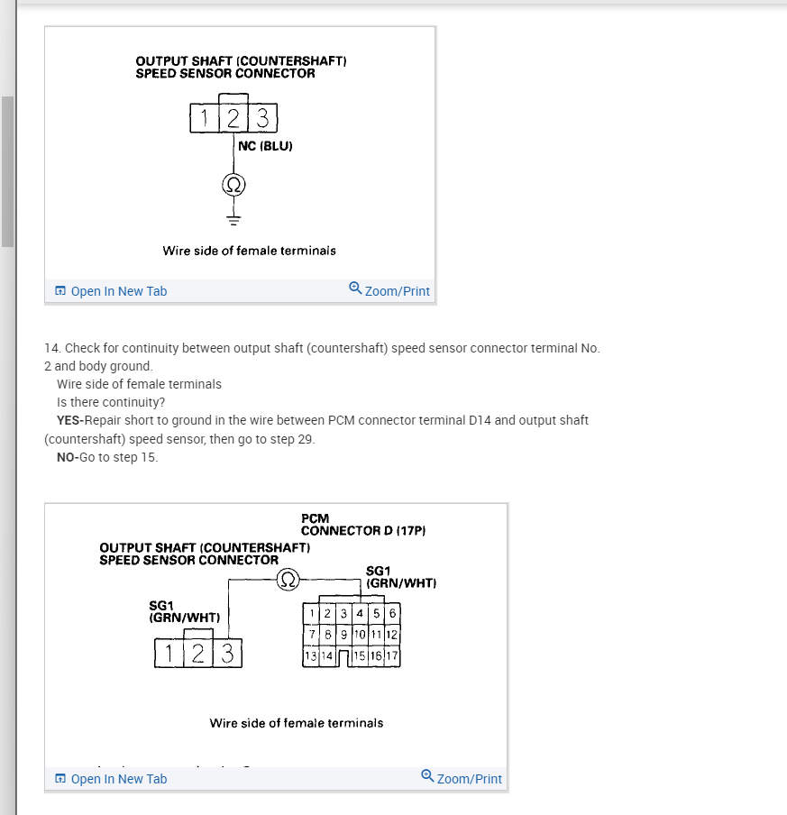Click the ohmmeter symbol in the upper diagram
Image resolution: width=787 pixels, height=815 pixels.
coord(233,185)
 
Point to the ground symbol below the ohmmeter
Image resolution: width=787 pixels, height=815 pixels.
coord(233,218)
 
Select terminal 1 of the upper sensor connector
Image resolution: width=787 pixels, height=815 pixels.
coord(205,118)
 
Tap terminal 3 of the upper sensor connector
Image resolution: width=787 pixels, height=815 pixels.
coord(262,118)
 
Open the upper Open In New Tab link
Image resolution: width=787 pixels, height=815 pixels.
coord(110,291)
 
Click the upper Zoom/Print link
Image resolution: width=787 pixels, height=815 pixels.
coord(389,290)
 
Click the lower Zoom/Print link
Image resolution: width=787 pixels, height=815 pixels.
coord(462,778)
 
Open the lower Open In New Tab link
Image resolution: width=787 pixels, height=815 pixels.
coord(110,779)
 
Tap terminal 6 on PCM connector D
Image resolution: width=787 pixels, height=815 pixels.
coord(392,614)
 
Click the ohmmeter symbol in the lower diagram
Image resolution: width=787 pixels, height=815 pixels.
coord(288,578)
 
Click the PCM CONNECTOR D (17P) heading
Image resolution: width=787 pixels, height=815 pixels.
coord(362,525)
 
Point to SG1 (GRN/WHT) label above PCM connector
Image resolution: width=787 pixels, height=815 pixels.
coord(401,577)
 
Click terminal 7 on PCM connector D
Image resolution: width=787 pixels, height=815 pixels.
coord(311,635)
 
